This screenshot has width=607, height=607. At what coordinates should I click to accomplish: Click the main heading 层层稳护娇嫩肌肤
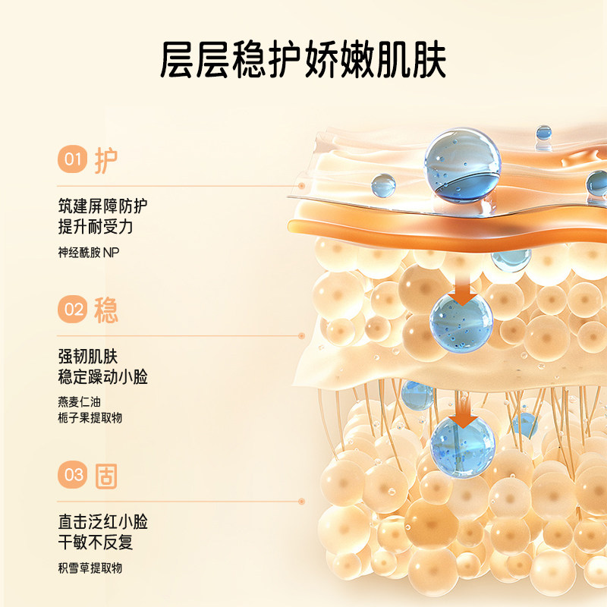303,59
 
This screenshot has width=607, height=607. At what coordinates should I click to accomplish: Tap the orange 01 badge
72,159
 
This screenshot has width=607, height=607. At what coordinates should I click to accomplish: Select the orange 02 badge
72,310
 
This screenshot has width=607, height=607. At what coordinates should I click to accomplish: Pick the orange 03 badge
72,476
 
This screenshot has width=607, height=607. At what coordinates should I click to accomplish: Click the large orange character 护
106,159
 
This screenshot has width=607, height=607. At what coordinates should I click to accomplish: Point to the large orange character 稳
106,310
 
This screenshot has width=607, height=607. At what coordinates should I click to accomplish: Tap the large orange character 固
106,476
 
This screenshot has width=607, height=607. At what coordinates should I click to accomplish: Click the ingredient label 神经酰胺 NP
89,251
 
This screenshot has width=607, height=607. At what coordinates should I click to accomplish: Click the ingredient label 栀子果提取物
90,418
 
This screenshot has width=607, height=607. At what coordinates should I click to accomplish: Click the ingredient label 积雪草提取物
90,568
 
